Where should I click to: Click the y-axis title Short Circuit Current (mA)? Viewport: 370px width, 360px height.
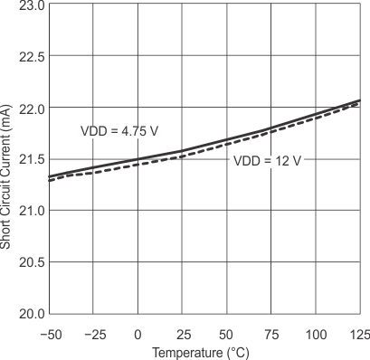[8, 158]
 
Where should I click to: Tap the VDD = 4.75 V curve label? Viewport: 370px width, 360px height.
[119, 130]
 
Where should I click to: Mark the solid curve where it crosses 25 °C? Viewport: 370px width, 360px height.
[182, 151]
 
